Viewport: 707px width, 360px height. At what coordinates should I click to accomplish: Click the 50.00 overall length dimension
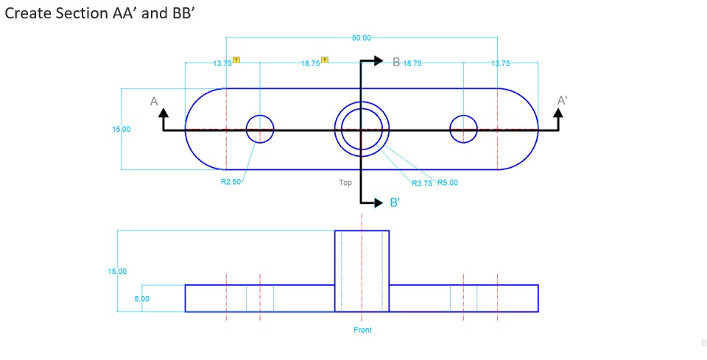coord(362,38)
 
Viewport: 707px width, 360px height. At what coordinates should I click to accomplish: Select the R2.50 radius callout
coord(231,182)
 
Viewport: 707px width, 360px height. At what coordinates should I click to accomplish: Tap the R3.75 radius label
coord(422,183)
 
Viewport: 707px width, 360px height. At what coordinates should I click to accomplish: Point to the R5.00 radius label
coord(447,183)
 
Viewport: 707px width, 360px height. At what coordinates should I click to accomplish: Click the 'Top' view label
coord(345,183)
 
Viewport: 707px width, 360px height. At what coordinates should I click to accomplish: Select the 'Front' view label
coord(362,330)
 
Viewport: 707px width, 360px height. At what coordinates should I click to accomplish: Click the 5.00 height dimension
coord(141,299)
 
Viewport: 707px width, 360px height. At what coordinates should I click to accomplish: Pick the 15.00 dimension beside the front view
coord(118,272)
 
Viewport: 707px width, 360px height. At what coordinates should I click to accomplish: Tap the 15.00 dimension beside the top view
coord(122,130)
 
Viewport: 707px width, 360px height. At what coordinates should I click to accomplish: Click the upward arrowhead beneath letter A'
coord(558,113)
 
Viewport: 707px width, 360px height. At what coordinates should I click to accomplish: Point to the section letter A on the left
coord(154,102)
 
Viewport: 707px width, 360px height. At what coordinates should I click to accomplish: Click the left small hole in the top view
coord(259,129)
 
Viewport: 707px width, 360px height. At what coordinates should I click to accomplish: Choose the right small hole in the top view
coord(463,129)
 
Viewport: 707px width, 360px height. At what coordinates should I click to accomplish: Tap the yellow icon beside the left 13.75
coord(236,60)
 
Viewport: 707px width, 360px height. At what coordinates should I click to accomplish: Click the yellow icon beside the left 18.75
coord(324,60)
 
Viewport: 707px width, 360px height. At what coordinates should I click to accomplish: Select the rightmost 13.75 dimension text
coord(500,63)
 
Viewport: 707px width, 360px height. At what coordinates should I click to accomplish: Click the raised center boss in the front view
coord(362,270)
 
